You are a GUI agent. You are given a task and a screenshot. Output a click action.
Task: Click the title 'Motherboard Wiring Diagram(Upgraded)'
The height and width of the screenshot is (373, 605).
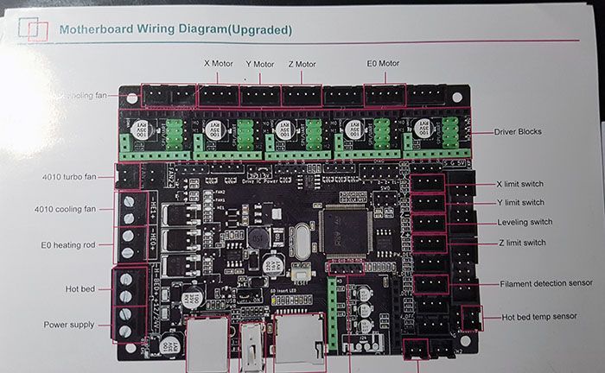[x=175, y=30]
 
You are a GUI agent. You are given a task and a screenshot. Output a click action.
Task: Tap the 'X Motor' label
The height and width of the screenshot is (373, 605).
[x=218, y=63]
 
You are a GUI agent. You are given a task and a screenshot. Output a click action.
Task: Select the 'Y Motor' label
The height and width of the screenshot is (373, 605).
[x=259, y=64]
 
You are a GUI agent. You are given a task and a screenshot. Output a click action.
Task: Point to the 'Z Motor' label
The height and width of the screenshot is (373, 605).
[x=302, y=64]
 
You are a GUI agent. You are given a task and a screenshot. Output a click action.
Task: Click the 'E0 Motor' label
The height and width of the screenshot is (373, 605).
[x=384, y=63]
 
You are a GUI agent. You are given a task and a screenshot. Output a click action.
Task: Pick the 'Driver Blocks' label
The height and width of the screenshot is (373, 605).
[x=516, y=131]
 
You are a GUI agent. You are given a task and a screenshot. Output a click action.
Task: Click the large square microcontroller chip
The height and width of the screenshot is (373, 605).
[x=346, y=231]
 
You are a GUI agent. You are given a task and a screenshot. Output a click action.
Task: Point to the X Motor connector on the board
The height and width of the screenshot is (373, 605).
[x=218, y=95]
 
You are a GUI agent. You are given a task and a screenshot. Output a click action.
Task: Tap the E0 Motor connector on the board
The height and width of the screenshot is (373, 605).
[x=384, y=95]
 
